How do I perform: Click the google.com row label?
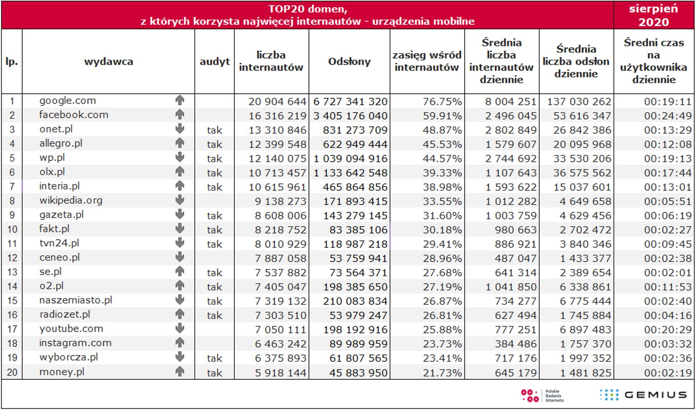(68, 100)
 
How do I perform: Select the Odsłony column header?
(349, 62)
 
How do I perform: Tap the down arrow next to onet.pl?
(180, 129)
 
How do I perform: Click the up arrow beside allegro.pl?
(180, 143)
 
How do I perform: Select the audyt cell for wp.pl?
(215, 159)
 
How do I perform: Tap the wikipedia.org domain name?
(71, 200)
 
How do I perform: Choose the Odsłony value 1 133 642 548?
(350, 173)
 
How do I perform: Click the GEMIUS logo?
(643, 395)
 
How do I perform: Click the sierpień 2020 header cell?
(654, 15)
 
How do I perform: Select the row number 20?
(12, 372)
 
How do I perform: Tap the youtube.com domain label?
(71, 329)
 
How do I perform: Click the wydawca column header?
(109, 62)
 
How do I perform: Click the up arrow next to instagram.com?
(180, 343)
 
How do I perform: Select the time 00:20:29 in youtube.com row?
(668, 330)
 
